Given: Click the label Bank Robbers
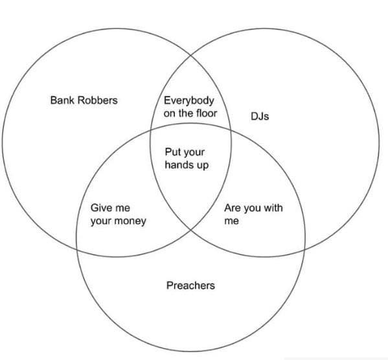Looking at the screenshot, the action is point(84,100).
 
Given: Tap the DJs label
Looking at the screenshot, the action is point(260,116).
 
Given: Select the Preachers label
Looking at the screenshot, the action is point(190,286).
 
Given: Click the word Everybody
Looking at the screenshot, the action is point(188,101).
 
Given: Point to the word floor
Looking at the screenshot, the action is point(207,113).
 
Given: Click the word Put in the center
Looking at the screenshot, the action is point(172,152).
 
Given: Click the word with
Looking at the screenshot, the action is point(273,208).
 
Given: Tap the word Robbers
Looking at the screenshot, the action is point(98,100).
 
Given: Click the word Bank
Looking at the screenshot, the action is point(62,100).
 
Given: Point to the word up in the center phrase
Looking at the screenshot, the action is point(203,165).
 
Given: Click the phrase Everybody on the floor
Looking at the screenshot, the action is point(190,107).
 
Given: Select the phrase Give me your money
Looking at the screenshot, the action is point(119,215).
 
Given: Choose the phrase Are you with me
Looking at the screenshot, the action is point(253,214).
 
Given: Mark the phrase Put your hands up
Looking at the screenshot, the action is point(187,159).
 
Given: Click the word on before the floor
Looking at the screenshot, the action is point(169,114).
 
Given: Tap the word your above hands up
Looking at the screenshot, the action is point(194,152).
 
